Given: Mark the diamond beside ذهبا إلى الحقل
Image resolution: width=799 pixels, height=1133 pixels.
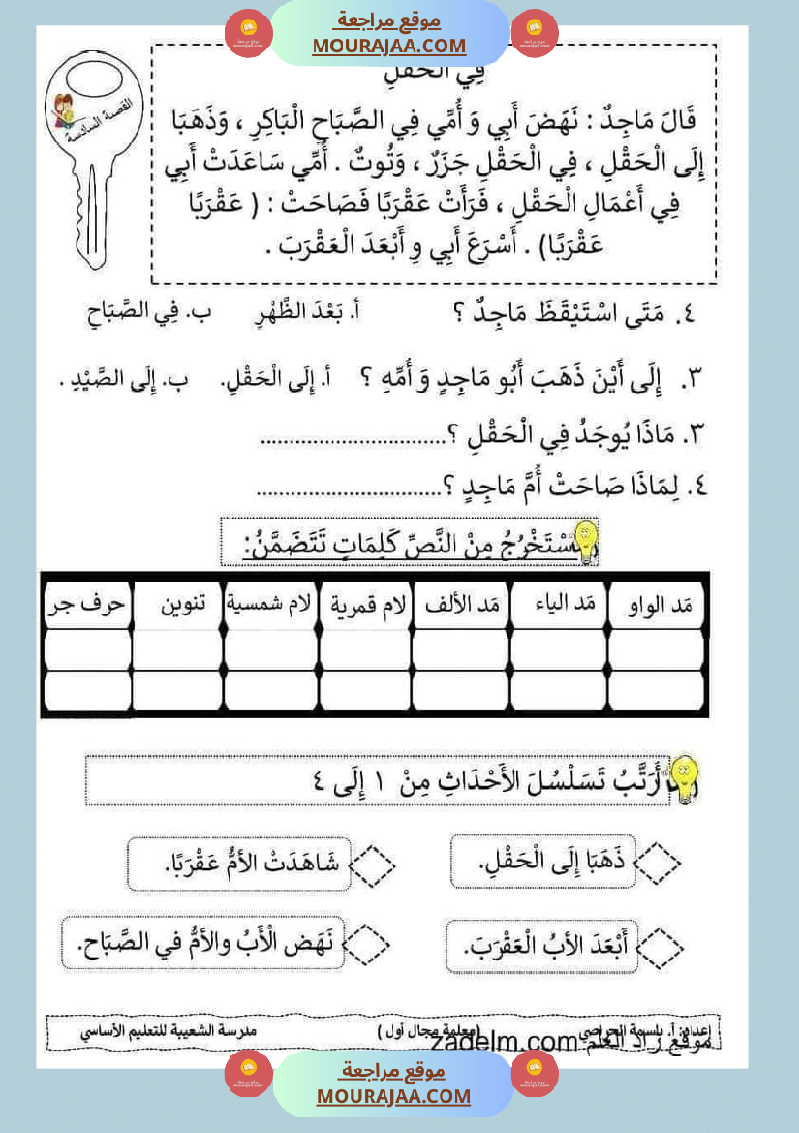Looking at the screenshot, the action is [658, 859].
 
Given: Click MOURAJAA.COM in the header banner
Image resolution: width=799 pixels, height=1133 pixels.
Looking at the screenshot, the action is [388, 46].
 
